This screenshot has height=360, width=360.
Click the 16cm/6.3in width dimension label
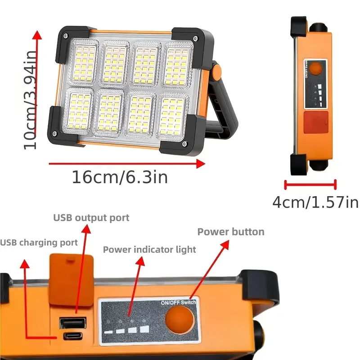[120, 177]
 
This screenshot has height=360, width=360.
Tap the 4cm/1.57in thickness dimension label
[315, 202]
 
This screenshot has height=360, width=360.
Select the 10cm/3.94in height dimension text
[30, 100]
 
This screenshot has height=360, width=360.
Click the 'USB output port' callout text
[91, 218]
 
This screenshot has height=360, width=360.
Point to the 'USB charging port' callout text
[39, 243]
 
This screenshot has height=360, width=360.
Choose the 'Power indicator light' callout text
[149, 249]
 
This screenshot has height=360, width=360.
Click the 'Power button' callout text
[231, 232]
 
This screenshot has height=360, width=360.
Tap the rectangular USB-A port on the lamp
[72, 323]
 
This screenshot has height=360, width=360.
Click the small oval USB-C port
[73, 336]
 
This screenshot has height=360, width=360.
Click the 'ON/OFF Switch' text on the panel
[178, 302]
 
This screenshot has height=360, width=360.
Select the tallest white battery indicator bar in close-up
[144, 329]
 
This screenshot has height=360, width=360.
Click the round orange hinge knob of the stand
[216, 71]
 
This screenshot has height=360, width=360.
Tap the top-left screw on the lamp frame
[66, 36]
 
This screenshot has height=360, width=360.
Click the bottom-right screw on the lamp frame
[184, 144]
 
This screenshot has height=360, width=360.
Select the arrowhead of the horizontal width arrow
[201, 164]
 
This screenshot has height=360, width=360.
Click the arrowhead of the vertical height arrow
[37, 35]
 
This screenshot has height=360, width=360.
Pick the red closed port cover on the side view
[316, 122]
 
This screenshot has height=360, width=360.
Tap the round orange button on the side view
[316, 68]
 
